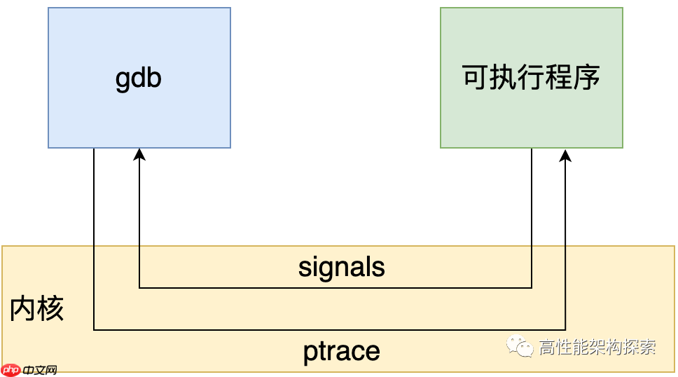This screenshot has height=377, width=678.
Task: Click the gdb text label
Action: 138,78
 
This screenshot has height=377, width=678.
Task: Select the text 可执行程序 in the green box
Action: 531,77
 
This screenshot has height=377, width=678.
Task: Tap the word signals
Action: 341,267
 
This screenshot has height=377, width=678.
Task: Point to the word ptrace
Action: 341,350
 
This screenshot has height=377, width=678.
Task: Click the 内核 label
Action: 36,309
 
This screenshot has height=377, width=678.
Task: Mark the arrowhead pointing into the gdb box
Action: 139,154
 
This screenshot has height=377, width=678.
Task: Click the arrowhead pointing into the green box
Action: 565,154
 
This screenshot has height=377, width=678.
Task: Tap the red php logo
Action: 11,369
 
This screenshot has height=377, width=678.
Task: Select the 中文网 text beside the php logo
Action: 39,370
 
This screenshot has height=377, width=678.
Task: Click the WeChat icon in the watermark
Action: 520,345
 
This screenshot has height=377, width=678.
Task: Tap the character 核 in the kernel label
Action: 50,309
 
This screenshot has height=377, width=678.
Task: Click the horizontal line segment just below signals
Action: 336,287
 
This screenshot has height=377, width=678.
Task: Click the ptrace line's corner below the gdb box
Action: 94,329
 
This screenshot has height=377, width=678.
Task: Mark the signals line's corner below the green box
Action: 531,287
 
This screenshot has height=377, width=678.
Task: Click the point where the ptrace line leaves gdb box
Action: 94,148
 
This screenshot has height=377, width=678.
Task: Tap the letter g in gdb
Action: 123,79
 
